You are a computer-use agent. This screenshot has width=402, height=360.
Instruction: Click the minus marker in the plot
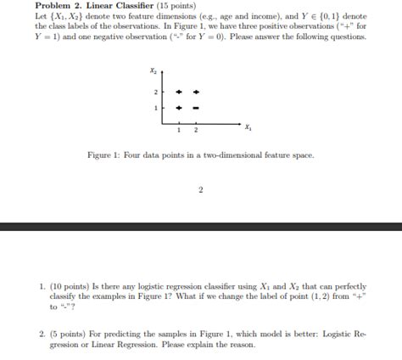coord(196,108)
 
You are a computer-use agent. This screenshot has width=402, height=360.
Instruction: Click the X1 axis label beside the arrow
coord(247,127)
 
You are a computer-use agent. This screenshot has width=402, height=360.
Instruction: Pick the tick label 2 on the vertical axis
coord(156,92)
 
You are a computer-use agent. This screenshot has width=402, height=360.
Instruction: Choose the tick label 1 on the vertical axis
coord(156,108)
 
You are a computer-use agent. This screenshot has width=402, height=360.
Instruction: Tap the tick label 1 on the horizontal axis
coord(179,129)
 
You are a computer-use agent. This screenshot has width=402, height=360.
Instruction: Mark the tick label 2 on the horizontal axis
coord(196,129)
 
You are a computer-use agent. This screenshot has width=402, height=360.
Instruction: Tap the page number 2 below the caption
coord(201,189)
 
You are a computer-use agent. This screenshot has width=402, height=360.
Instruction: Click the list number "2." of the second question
coord(42,335)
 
